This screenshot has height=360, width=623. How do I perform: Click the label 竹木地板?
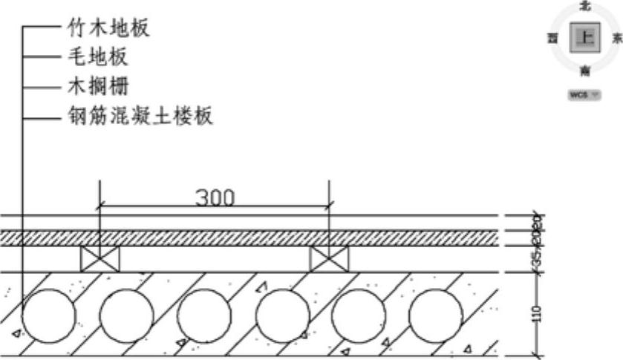pos(108,28)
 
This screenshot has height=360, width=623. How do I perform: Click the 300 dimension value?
pos(215,197)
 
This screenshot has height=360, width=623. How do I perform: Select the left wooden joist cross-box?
pos(99,259)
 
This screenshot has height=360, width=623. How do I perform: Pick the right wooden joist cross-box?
pos(329,259)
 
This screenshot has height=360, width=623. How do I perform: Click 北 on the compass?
pos(585,6)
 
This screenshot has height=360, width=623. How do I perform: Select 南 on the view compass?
pos(585,71)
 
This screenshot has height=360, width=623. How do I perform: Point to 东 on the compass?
pos(616,39)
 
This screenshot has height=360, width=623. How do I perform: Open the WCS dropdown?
pos(584,95)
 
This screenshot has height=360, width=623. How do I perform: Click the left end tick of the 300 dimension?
pos(99,205)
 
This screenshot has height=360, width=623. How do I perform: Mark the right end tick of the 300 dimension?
pos(330,205)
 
